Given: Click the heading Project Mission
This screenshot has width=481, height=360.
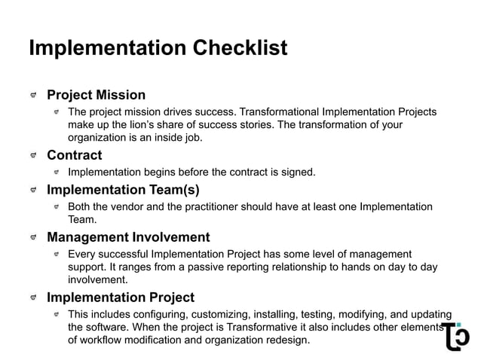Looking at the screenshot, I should [x=96, y=96].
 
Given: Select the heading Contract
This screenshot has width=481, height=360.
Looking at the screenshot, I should [x=74, y=156].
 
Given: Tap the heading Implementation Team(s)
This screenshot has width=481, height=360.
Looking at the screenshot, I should [x=123, y=190].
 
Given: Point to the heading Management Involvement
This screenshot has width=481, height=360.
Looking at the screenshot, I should [x=128, y=237].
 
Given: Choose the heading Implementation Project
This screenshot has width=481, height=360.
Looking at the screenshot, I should [x=121, y=297].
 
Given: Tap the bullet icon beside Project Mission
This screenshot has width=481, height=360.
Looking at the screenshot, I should [x=34, y=96].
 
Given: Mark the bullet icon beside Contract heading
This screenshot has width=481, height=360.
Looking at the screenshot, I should [x=34, y=157].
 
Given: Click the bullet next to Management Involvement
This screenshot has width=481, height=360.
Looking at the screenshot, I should [x=34, y=238].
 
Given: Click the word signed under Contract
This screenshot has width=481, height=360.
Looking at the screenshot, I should [x=297, y=172].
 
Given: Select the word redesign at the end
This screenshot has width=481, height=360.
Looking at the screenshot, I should [x=286, y=340].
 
